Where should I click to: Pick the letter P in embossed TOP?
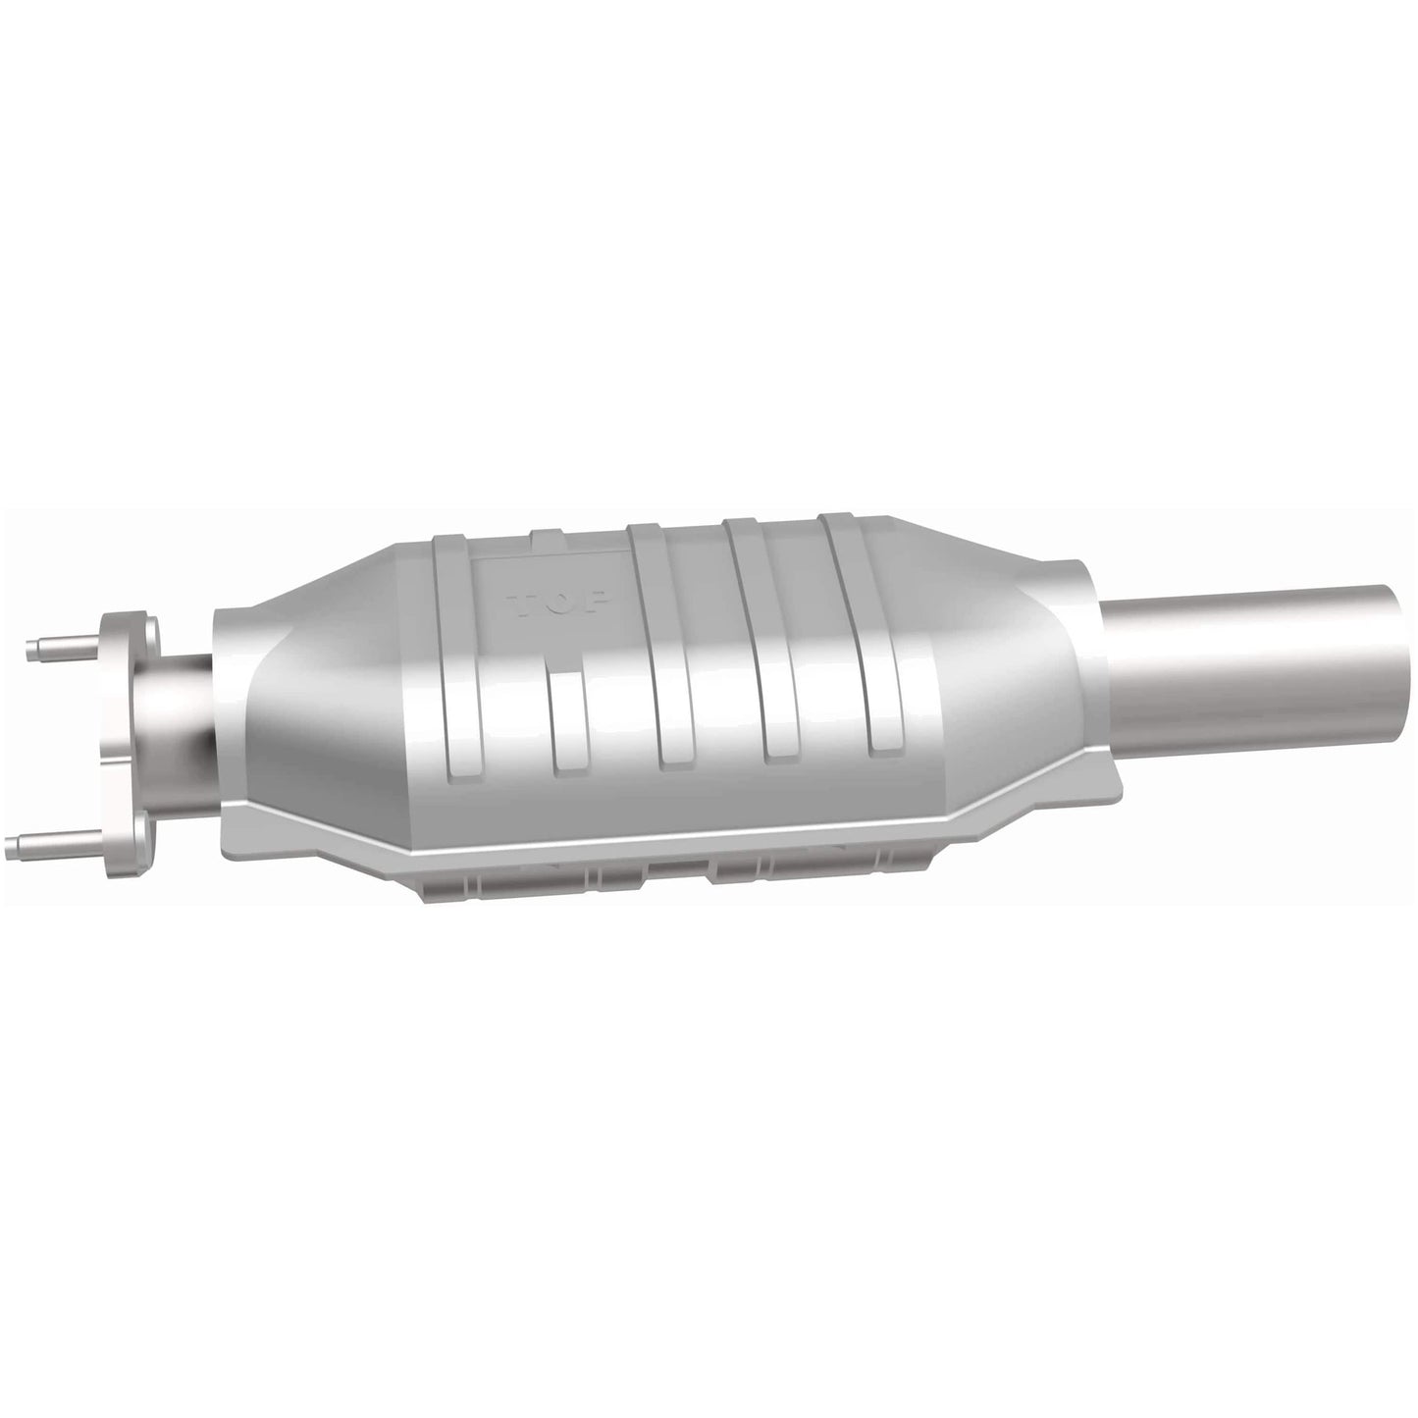599,599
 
